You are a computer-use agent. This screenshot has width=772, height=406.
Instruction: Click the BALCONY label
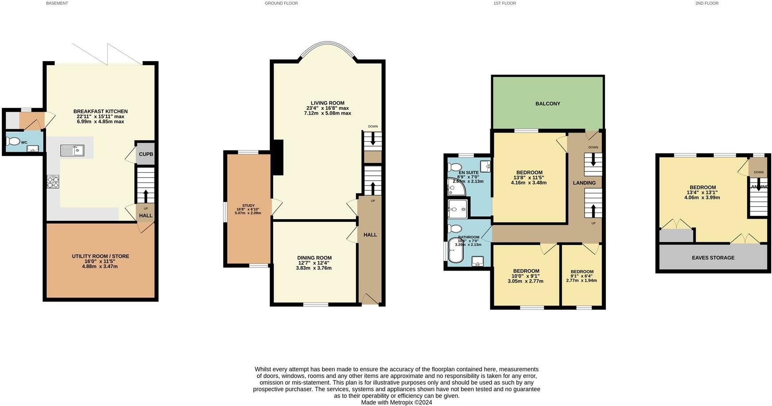(x=547, y=104)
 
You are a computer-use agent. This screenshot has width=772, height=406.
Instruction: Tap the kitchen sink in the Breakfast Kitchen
(x=73, y=151)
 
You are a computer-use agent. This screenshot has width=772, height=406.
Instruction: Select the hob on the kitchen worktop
(x=53, y=182)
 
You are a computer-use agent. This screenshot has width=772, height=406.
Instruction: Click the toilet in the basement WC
(x=14, y=142)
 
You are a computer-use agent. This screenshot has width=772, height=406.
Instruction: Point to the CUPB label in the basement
(x=146, y=155)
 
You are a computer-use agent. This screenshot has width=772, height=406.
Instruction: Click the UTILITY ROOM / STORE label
(x=100, y=256)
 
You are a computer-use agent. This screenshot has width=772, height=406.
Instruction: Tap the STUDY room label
(x=248, y=205)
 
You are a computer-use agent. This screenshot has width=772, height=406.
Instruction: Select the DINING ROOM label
(x=314, y=258)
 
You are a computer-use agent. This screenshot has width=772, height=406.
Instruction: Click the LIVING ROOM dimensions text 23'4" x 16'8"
(x=327, y=108)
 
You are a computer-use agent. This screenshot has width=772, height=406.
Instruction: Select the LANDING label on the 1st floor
(x=584, y=183)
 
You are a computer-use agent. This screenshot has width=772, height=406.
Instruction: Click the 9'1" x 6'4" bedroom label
(x=581, y=272)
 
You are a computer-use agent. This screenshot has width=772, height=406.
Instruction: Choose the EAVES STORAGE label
(x=713, y=258)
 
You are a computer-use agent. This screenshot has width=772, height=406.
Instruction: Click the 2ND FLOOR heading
(x=707, y=3)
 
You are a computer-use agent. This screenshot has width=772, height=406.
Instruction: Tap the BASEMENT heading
(x=57, y=3)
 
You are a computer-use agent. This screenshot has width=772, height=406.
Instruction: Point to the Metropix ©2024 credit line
(x=396, y=402)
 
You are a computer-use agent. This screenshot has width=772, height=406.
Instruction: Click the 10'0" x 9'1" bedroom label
(x=526, y=271)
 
